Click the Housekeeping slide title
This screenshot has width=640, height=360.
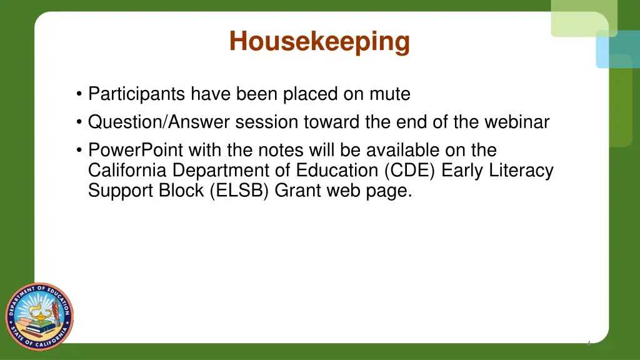319,42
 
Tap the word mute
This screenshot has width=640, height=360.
388,94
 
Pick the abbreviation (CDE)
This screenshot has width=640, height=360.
406,170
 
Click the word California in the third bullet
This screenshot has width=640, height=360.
127,170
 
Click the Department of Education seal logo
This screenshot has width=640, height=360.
39,316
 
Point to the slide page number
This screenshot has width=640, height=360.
588,343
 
